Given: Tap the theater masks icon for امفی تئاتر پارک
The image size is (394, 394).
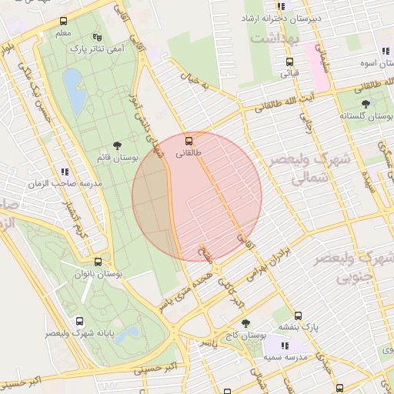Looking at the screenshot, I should tap(96, 36).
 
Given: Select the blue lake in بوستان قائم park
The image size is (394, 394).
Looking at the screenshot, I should tap(74, 91).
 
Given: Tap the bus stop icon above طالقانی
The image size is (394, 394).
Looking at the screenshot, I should tap(189, 141).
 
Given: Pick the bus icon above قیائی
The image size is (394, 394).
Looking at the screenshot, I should tap(289, 62).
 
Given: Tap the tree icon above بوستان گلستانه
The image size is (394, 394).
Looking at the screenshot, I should tap(365, 104).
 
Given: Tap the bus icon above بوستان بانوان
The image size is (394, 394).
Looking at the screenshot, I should tap(97, 262).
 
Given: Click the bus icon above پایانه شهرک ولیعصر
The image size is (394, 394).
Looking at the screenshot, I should tap(79, 322).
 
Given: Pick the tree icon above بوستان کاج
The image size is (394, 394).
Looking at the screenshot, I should tap(245, 324).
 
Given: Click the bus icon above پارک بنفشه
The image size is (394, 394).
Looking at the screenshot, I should tap(299, 315).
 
